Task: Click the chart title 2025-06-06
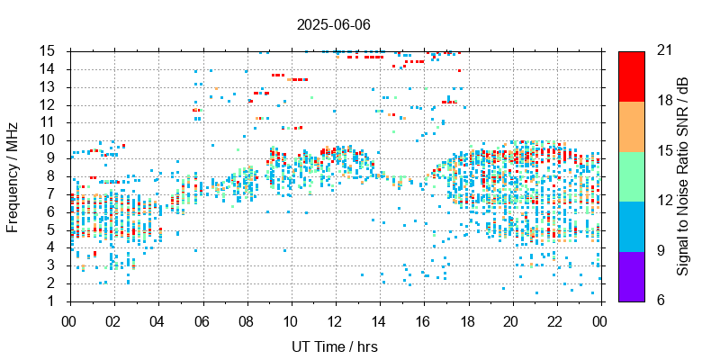point(334,24)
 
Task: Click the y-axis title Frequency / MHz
point(13,175)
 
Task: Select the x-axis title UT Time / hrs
point(334,346)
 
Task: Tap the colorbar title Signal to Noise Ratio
point(684,175)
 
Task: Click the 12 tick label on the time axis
point(335,320)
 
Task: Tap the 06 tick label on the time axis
point(202,320)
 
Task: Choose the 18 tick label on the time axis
point(467,320)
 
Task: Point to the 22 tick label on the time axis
point(555,320)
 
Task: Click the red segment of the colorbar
point(631,76)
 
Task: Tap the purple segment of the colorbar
point(631,275)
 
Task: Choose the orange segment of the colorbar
point(631,125)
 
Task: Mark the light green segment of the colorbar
point(631,175)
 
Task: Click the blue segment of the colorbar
point(631,225)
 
